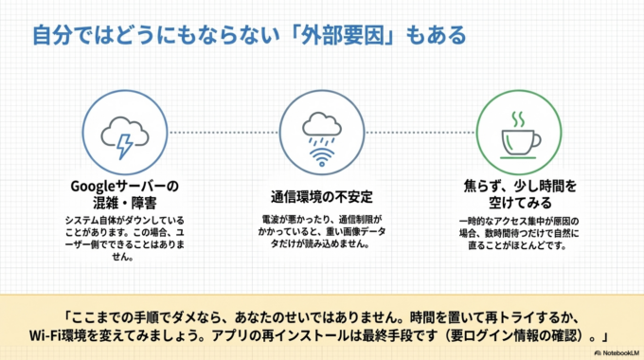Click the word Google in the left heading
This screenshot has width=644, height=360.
pos(93,184)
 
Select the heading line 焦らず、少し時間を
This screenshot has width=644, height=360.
pos(519,184)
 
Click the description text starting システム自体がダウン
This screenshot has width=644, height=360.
pos(124,221)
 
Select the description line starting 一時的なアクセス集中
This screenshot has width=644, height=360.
pos(519,221)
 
